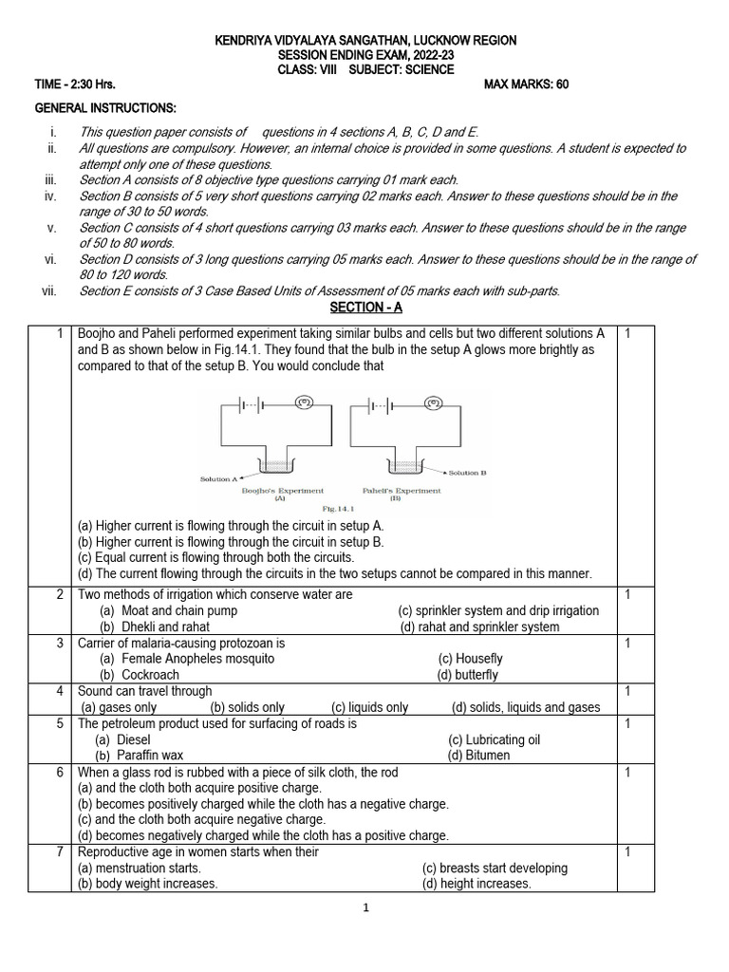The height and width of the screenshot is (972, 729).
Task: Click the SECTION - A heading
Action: pos(364,308)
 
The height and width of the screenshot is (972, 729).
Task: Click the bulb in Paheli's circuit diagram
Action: pos(436,402)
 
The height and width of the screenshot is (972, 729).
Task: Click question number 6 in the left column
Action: pos(59,773)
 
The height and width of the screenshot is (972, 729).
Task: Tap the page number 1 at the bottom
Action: pos(364,907)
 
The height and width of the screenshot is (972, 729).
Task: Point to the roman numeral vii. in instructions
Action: pos(51,290)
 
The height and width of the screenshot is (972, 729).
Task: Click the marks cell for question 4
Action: pos(627,691)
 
